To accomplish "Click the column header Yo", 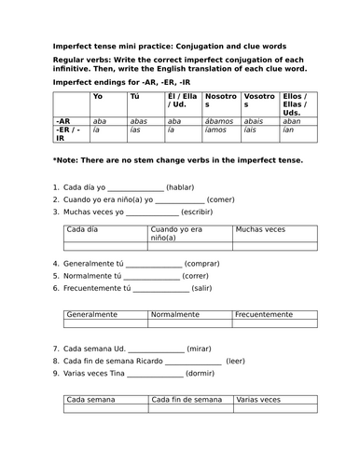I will (98, 97).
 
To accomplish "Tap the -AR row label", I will (63, 121).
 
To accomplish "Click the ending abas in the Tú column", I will (138, 121).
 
